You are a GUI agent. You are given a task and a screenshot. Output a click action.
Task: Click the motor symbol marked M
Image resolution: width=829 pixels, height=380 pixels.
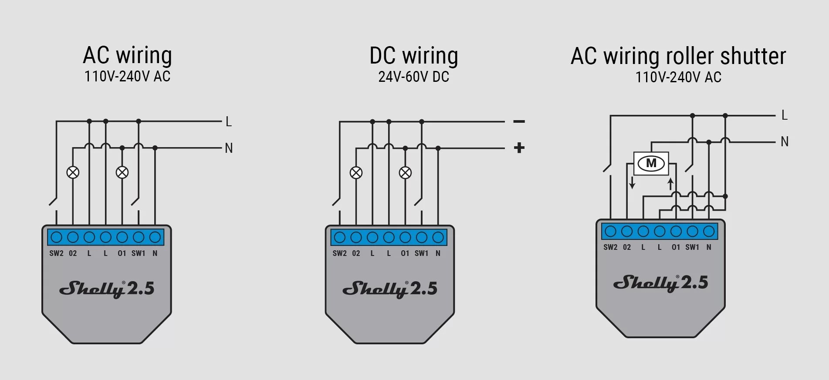pos(651,163)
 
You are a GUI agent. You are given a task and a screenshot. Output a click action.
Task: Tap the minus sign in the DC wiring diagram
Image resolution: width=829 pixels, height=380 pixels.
pos(519,121)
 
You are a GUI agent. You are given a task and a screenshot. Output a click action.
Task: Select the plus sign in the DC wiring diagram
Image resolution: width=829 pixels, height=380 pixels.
pos(519,148)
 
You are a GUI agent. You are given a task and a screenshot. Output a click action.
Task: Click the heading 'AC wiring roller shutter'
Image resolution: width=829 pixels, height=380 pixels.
pos(678,56)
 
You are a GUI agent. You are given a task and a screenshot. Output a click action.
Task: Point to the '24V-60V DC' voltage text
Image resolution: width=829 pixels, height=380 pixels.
pos(413,77)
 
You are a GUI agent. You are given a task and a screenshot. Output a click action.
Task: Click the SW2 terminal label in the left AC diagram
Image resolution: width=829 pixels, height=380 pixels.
pos(56,253)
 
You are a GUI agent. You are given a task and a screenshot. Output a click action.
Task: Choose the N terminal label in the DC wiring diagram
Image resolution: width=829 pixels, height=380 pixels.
pos(438,253)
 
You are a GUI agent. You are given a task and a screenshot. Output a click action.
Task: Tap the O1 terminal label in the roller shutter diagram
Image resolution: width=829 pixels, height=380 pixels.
pos(676,247)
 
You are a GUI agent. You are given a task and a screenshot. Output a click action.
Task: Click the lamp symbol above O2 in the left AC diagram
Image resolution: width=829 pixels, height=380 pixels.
pos(73,172)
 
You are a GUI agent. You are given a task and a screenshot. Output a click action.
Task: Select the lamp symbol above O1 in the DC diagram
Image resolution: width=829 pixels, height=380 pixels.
pos(405,173)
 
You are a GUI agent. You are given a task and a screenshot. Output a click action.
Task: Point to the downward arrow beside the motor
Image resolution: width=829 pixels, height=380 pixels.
pos(632,182)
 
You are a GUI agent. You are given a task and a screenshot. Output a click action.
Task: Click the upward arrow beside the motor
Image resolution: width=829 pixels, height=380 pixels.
pos(670,184)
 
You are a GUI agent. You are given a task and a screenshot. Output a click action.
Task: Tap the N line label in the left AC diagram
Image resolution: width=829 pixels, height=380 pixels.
pos(229,148)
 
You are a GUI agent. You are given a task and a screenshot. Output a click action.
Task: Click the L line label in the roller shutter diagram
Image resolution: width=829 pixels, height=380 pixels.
pos(785,115)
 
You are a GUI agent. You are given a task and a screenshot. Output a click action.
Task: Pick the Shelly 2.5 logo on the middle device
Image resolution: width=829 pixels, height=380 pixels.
pos(389,289)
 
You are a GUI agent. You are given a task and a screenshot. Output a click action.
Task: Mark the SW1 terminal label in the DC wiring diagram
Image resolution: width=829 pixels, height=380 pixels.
pos(421,253)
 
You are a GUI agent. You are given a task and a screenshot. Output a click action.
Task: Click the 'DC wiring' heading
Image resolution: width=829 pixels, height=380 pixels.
pos(413,56)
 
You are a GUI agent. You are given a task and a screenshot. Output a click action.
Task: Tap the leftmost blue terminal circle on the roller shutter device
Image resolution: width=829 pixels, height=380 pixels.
pos(610,231)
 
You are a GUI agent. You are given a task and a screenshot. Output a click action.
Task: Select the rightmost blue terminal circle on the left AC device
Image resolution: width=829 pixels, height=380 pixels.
pos(155,237)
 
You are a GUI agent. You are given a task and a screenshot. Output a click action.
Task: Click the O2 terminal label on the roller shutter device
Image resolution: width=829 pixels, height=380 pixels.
pos(627,247)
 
